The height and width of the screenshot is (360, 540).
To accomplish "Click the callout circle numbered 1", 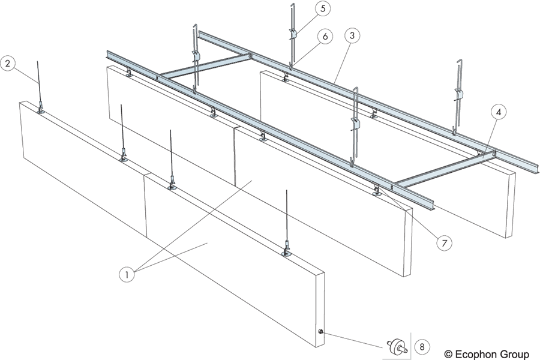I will tap(127, 275).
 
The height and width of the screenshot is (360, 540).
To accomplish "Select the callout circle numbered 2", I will tap(7, 64).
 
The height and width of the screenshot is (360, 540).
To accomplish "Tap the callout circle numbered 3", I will tap(352, 35).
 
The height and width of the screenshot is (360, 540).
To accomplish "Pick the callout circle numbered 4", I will tap(498, 111).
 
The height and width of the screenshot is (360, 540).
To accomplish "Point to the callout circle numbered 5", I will tap(323, 8).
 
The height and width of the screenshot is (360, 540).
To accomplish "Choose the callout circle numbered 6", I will tap(325, 37).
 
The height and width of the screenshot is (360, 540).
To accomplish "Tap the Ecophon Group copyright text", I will tap(487, 353).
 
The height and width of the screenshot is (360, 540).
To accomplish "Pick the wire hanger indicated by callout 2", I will tap(38, 84).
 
